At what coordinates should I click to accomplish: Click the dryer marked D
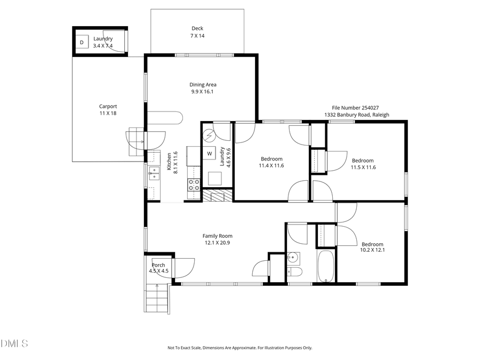(82, 42)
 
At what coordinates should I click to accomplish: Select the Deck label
(197, 32)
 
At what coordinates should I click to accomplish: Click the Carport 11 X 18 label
(108, 110)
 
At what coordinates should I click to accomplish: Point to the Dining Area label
(203, 88)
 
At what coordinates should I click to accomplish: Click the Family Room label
(217, 239)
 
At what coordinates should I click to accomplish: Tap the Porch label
(158, 268)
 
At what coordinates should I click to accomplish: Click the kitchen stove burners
(194, 185)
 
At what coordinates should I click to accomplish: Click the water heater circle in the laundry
(210, 135)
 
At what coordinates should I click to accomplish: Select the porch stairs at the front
(157, 299)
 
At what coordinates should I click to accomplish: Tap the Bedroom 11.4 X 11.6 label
(271, 162)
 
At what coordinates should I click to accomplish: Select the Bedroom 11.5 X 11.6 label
(363, 164)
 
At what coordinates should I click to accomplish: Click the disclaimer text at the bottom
(239, 348)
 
